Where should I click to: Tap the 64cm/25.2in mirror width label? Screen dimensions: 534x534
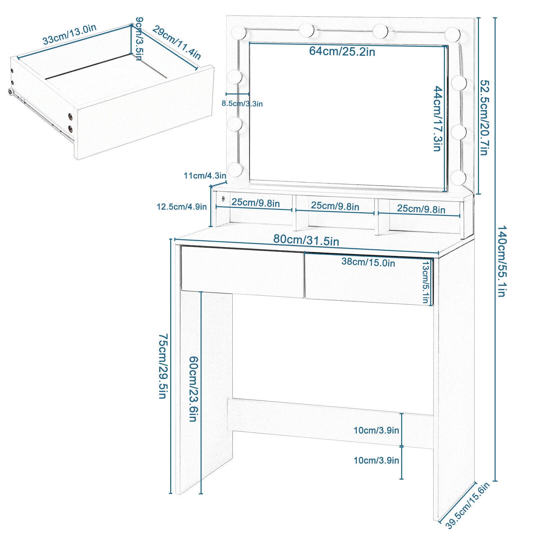tap(342, 51)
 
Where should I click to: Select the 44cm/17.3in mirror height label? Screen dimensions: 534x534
tap(438, 118)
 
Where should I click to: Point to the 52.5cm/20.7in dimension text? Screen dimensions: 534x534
tap(484, 117)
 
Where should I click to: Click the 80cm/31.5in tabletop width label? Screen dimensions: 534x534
tap(306, 240)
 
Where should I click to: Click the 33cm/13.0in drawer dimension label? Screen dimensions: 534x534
tap(69, 34)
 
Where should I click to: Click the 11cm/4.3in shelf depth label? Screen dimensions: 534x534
tap(205, 176)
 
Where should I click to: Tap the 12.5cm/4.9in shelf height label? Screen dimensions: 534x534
tap(182, 207)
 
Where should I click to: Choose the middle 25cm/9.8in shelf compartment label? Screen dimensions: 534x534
tap(335, 206)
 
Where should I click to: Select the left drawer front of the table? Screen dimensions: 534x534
tap(242, 272)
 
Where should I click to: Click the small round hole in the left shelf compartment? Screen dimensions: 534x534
tap(223, 199)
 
